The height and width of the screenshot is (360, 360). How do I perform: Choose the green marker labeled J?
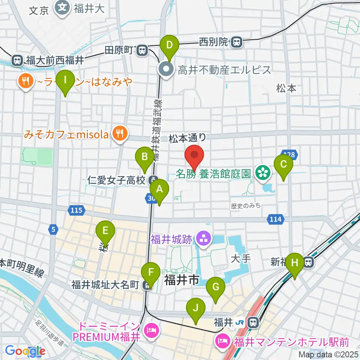pos(196,311)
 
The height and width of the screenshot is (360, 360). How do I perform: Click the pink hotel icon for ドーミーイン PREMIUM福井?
pos(153,330)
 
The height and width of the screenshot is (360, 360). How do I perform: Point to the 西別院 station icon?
pos(236,42)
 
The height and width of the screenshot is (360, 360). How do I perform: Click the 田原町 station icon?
pos(142,50)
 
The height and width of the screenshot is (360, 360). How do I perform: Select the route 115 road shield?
pos(76,211)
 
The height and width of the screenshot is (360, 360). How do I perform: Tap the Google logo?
pos(25,351)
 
